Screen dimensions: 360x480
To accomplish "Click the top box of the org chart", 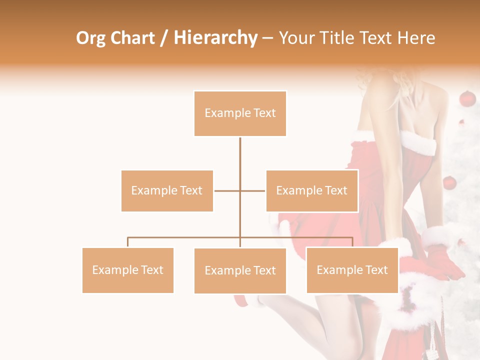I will (x=240, y=113).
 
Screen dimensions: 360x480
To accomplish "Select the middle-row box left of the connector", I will (x=167, y=190).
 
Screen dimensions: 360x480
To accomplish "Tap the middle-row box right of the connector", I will (x=311, y=190).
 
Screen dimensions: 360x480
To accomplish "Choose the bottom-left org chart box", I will (x=128, y=270).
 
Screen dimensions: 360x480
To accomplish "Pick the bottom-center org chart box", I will (x=240, y=270).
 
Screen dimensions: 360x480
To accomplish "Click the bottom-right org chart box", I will (x=352, y=270).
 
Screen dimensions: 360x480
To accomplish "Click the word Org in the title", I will (x=91, y=38).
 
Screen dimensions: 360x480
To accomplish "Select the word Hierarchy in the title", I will (x=215, y=38).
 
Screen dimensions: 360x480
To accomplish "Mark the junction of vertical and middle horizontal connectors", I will (x=240, y=190).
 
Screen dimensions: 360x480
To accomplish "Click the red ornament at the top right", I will (x=467, y=98).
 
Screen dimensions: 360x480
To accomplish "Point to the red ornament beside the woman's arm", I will (x=449, y=183).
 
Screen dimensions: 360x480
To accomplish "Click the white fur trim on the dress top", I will (x=419, y=142).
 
